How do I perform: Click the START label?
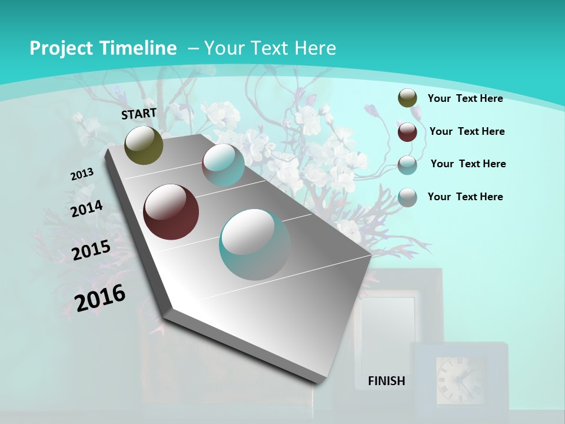pos(139,113)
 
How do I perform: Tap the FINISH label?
pos(386,381)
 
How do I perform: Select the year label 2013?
pos(82,174)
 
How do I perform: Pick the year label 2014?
pos(87,209)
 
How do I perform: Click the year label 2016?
pos(100,298)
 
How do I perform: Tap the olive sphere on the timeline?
pos(144,145)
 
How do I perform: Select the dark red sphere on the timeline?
pos(171,212)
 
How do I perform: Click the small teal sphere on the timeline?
pos(223,165)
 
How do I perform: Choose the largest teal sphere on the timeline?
pos(255,244)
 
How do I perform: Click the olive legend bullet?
pos(407,98)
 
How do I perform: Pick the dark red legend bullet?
pos(407,132)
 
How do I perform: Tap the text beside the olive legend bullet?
pos(465,98)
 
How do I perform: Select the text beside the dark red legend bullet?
pos(467,131)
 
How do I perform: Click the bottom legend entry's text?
pos(465,197)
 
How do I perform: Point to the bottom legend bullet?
pos(407,197)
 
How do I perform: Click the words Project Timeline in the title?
pos(103,48)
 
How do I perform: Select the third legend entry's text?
pos(468,164)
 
